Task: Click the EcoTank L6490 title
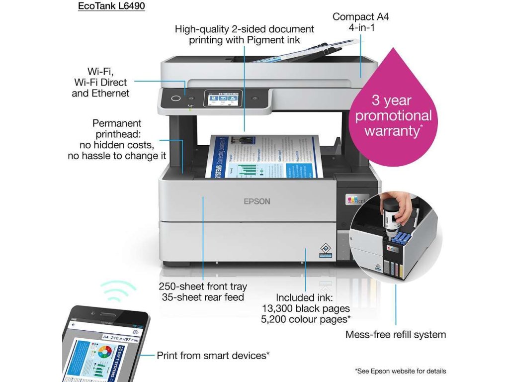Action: coord(111,7)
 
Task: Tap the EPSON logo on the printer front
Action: coord(256,201)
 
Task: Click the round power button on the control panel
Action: coord(175,98)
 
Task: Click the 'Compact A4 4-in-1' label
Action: coord(361,22)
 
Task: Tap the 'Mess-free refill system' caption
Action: coord(396,335)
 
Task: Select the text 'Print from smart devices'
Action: coord(213,355)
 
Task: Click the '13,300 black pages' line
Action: coord(306,308)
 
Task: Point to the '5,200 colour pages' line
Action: coord(306,319)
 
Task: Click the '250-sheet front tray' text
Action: coord(203,286)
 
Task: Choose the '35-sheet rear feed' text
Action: coord(203,297)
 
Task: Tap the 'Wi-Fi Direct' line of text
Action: coord(100,82)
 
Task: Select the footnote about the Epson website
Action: coord(400,371)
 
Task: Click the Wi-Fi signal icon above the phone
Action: coord(117,290)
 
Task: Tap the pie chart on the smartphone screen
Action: coord(104,355)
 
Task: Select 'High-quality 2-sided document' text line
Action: coord(245,29)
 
